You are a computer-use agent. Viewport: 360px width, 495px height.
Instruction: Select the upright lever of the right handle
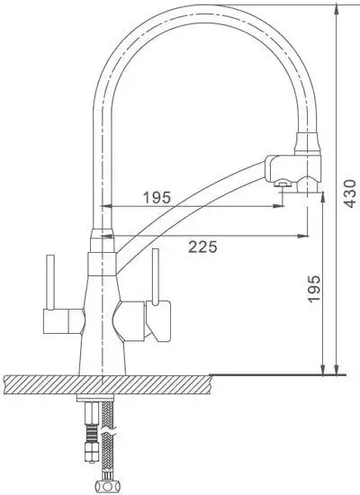point(155,277)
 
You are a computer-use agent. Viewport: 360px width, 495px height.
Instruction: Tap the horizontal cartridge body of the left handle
point(61,319)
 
